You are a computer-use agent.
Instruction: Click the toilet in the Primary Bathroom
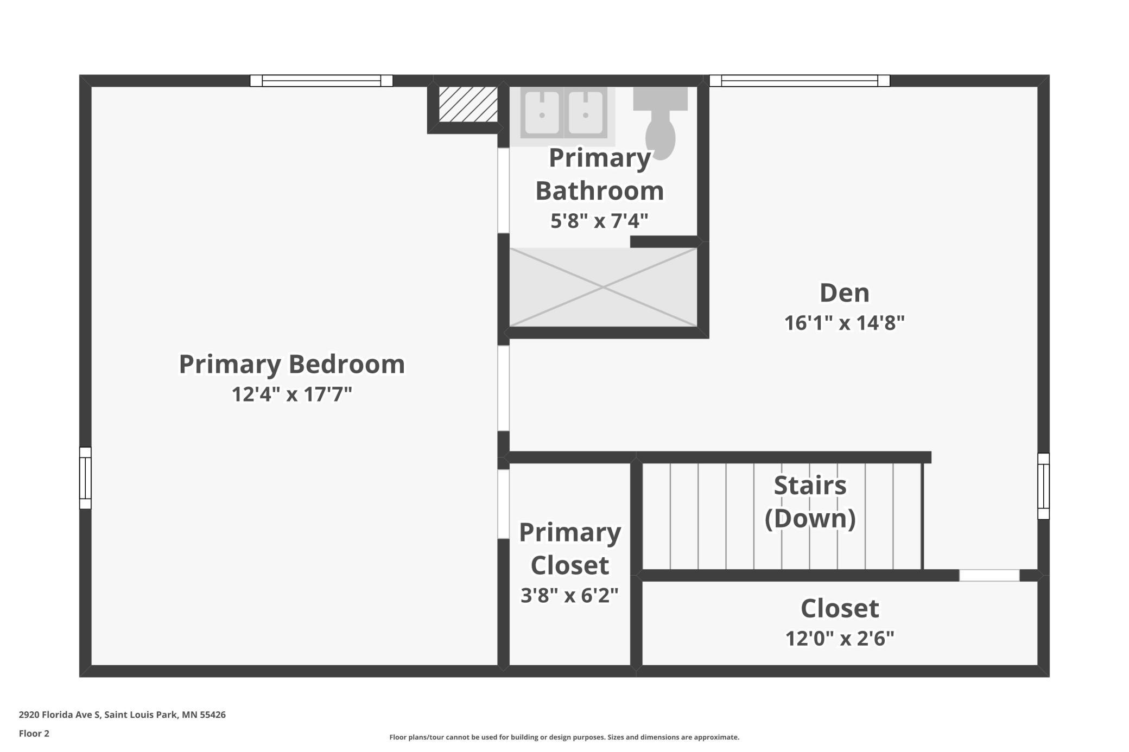click(660, 123)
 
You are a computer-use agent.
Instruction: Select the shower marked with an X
click(603, 288)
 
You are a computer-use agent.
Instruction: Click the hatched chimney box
click(468, 104)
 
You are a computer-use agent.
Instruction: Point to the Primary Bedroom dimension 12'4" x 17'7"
click(292, 394)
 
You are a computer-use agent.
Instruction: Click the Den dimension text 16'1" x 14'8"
click(845, 323)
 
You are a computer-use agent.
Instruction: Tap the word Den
click(845, 293)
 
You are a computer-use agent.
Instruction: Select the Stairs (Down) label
click(810, 502)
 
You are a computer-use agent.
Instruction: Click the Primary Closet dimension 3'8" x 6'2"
click(569, 596)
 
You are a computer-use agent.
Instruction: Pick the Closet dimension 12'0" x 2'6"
click(840, 639)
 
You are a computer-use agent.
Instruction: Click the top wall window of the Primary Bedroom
click(321, 81)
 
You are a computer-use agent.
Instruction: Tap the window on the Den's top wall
click(800, 81)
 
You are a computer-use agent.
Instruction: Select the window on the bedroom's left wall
click(85, 478)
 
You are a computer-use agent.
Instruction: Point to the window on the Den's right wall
click(1043, 486)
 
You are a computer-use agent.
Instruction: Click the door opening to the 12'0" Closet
click(989, 576)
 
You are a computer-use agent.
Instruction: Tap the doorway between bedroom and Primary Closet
click(504, 504)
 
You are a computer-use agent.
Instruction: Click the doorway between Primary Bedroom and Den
click(504, 388)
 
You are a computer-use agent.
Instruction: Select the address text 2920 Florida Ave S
click(60, 715)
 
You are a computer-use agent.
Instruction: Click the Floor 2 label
click(34, 734)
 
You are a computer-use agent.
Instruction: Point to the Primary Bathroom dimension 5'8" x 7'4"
click(599, 221)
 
